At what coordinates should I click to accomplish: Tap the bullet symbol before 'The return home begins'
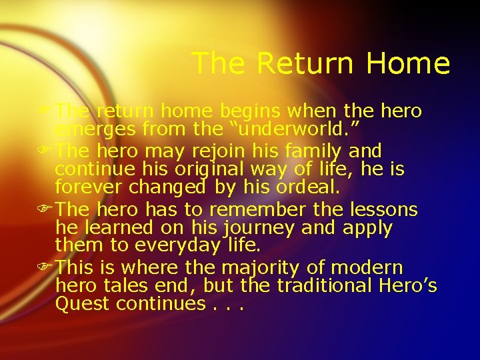(49, 109)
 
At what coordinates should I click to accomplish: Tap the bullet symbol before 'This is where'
(49, 269)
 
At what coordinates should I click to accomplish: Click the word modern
(368, 269)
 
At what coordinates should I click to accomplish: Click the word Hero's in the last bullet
(413, 286)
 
